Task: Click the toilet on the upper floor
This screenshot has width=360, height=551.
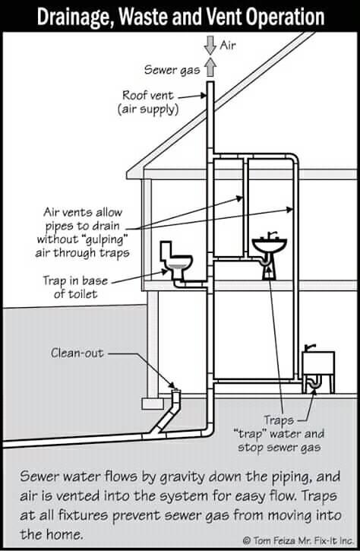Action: pyautogui.click(x=175, y=259)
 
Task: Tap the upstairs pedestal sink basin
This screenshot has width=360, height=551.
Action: pyautogui.click(x=270, y=245)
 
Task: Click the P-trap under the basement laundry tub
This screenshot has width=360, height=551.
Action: pyautogui.click(x=314, y=383)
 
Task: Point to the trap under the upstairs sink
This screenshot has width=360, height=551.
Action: pyautogui.click(x=266, y=261)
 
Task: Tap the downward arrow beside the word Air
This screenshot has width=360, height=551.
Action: pyautogui.click(x=210, y=45)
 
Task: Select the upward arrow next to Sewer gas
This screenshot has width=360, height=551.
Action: pyautogui.click(x=210, y=67)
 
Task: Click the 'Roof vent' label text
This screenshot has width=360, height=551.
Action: pyautogui.click(x=148, y=95)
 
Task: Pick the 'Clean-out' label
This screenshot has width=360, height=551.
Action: pyautogui.click(x=77, y=353)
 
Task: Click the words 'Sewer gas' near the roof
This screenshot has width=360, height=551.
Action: pyautogui.click(x=172, y=70)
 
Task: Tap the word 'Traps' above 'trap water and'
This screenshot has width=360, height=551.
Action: pyautogui.click(x=279, y=420)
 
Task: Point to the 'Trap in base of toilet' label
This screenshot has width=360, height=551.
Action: pyautogui.click(x=75, y=287)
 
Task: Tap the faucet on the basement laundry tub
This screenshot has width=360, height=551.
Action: pyautogui.click(x=309, y=347)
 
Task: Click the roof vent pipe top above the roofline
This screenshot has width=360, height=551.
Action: pyautogui.click(x=210, y=83)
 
